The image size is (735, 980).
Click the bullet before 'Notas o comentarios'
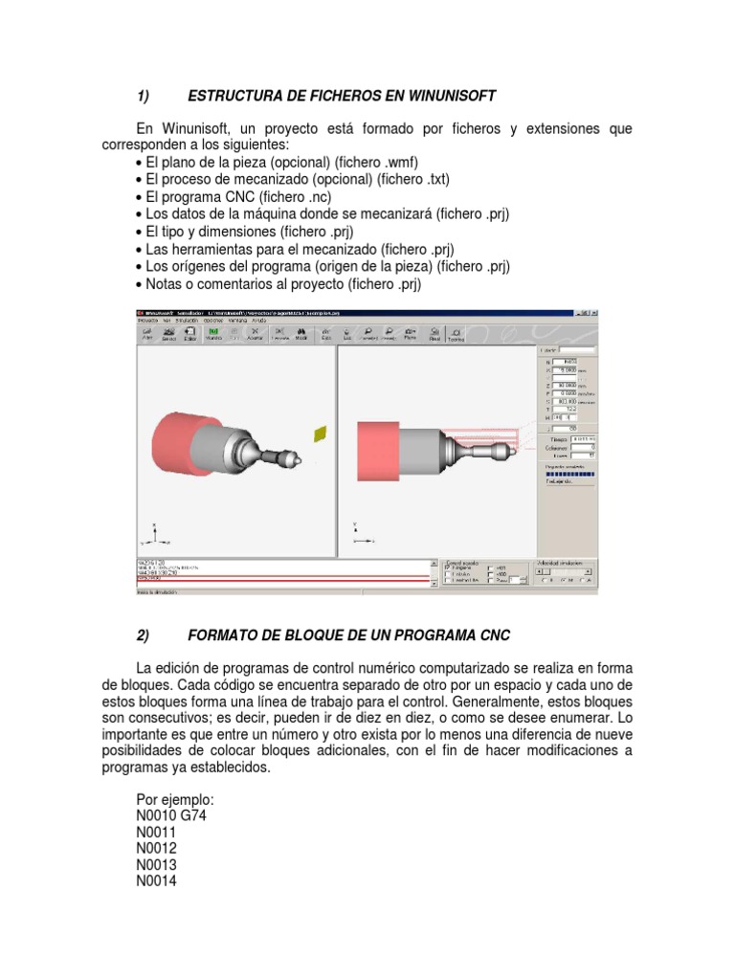pyautogui.click(x=140, y=284)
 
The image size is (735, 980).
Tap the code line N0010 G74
pyautogui.click(x=172, y=815)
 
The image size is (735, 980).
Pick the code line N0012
pyautogui.click(x=157, y=848)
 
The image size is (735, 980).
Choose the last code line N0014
pyautogui.click(x=157, y=881)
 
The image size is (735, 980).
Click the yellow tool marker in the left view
pyautogui.click(x=319, y=434)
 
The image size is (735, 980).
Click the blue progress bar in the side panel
pyautogui.click(x=568, y=473)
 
